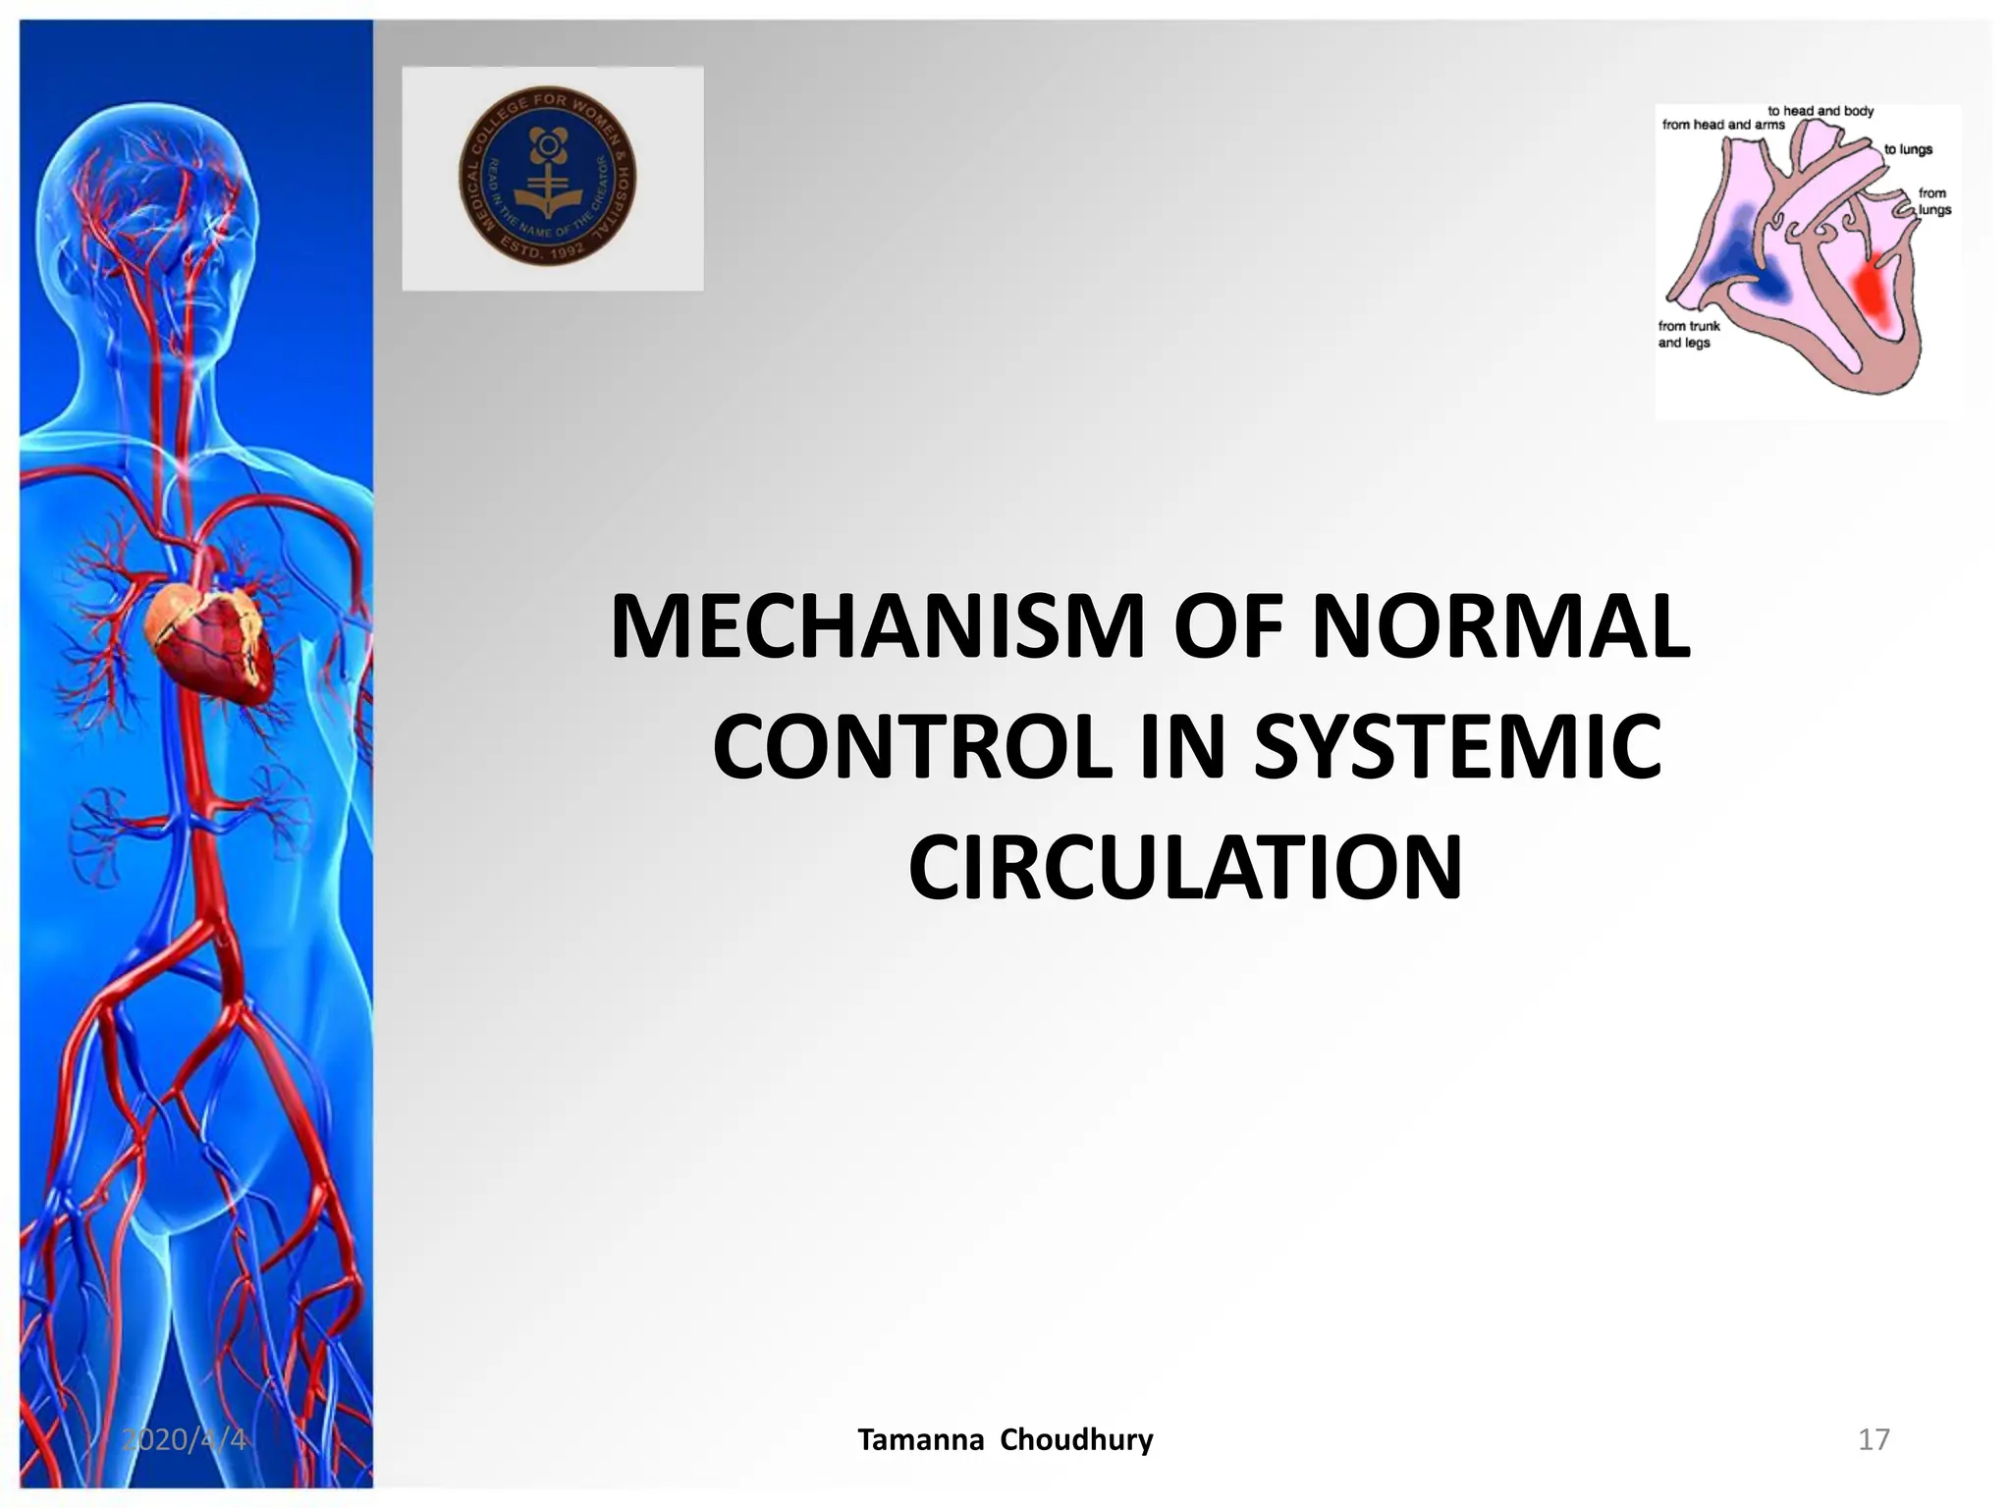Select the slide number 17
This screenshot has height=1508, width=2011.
tap(1874, 1439)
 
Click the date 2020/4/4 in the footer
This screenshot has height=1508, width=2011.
tap(184, 1439)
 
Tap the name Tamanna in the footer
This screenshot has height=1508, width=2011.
tap(920, 1439)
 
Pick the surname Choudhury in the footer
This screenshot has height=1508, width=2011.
tap(1076, 1439)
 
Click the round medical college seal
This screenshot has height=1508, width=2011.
tap(548, 177)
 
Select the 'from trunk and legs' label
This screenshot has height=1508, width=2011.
tap(1688, 334)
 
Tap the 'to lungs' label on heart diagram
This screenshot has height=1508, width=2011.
tap(1907, 149)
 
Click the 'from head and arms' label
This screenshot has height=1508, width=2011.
tap(1722, 125)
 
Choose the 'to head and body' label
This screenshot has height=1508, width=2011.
tap(1820, 111)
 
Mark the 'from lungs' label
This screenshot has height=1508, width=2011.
tap(1933, 201)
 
